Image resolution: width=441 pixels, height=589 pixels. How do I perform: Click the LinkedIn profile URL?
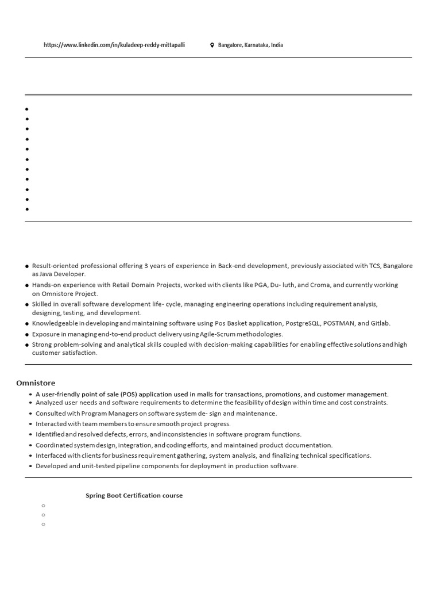pos(114,45)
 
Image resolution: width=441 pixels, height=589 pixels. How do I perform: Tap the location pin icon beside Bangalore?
pos(212,45)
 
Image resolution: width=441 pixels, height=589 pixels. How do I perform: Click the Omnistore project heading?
pos(36,383)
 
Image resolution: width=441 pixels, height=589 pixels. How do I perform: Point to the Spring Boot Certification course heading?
pos(134,495)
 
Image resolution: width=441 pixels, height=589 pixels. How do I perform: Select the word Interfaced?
pos(51,456)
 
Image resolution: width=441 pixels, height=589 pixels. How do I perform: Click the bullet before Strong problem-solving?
pos(27,345)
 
